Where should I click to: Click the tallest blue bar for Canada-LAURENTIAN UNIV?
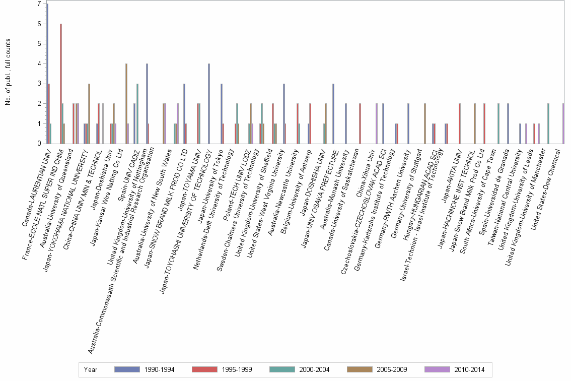pyautogui.click(x=47, y=74)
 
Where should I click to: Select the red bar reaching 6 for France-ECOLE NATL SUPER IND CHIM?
pyautogui.click(x=61, y=84)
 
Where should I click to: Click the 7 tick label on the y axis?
pyautogui.click(x=39, y=4)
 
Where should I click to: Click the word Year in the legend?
pyautogui.click(x=91, y=369)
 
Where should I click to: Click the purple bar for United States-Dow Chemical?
pyautogui.click(x=563, y=123)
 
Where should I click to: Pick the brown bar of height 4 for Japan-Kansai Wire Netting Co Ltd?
pyautogui.click(x=126, y=104)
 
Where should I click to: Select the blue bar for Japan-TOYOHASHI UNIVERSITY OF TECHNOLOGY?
pyautogui.click(x=209, y=104)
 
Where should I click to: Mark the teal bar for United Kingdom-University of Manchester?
pyautogui.click(x=548, y=123)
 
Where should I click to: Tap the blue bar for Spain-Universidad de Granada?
pyautogui.click(x=508, y=123)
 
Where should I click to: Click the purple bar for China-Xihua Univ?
pyautogui.click(x=377, y=123)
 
